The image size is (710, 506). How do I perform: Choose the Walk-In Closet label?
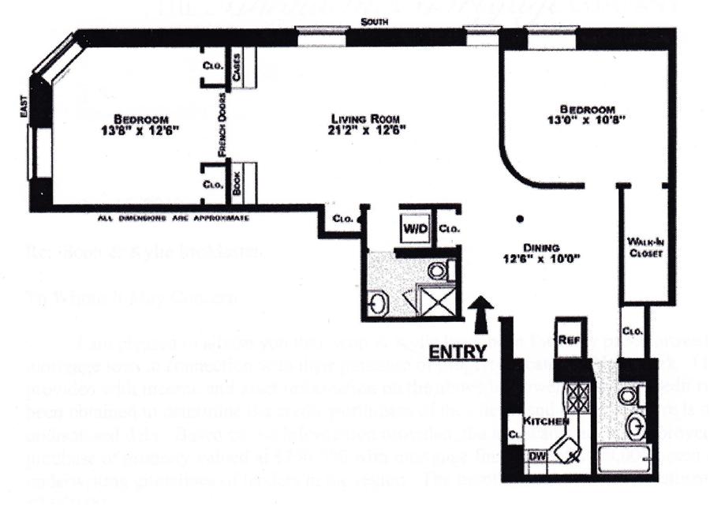click(x=642, y=247)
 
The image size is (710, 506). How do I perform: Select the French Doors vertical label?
click(x=222, y=129)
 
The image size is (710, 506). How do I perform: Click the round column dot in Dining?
click(x=521, y=219)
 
